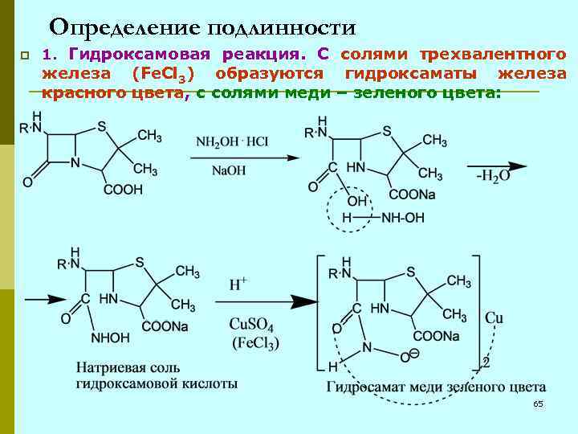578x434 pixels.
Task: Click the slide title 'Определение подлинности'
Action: [x=201, y=28]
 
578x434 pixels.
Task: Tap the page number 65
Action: [x=538, y=403]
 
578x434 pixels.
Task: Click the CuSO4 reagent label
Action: [x=254, y=324]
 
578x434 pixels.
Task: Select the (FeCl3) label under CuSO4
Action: [x=255, y=344]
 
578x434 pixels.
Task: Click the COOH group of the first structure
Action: [x=123, y=189]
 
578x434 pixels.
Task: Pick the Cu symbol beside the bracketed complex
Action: [x=495, y=318]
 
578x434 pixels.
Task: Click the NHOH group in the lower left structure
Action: [x=111, y=338]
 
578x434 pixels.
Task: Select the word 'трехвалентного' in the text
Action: [x=500, y=55]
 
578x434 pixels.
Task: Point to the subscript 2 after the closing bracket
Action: [x=484, y=363]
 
